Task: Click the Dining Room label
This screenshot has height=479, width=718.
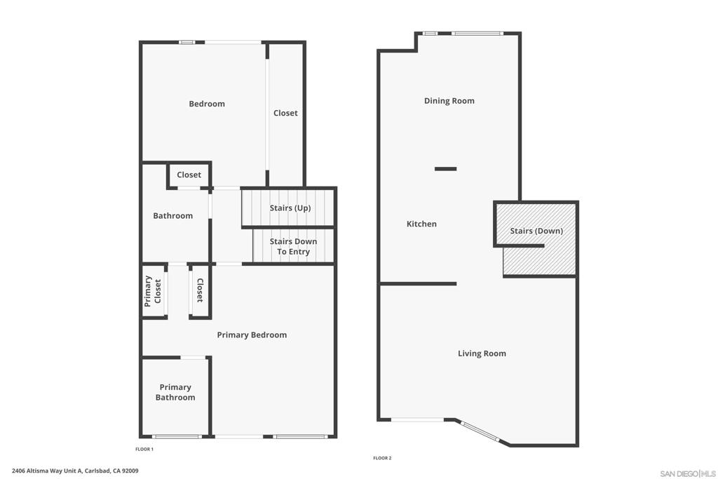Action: [449, 101]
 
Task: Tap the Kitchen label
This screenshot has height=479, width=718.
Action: [421, 224]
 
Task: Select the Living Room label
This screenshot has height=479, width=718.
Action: [482, 353]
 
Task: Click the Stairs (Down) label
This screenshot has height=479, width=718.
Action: [536, 231]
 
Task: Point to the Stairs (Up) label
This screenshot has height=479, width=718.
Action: [290, 208]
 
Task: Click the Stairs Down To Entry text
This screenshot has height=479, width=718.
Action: [293, 246]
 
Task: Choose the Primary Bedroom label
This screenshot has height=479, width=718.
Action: [252, 335]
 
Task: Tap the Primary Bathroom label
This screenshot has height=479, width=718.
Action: [175, 393]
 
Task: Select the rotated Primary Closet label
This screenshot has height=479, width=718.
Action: [153, 291]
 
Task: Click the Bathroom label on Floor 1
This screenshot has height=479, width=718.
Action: [172, 216]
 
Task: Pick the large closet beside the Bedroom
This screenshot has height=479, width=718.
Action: [285, 113]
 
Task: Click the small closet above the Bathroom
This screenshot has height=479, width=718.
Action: [189, 175]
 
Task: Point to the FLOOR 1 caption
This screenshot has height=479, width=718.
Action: [144, 450]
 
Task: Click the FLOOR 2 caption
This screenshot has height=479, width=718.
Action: [382, 458]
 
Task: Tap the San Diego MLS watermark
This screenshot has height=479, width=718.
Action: [687, 473]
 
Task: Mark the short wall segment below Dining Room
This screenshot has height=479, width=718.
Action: [445, 169]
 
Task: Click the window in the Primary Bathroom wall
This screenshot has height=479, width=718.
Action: [177, 436]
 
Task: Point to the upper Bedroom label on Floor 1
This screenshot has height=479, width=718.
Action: [207, 104]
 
